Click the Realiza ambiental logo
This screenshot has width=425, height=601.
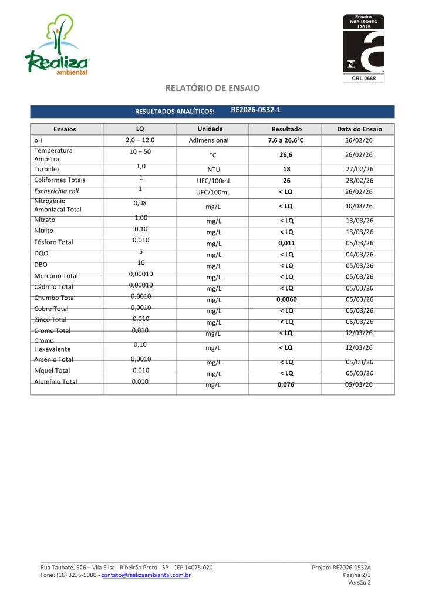coord(56,46)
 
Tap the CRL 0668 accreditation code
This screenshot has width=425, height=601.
coord(363,78)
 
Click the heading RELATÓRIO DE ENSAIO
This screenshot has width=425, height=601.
coord(212,88)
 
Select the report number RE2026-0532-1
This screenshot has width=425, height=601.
coord(255,110)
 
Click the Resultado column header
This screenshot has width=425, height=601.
coord(286,129)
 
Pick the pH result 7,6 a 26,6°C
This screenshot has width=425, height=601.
coord(286,140)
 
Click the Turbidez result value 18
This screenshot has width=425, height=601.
coord(286,169)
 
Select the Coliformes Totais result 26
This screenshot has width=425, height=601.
coord(286,180)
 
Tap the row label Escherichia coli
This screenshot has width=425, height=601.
coord(56,191)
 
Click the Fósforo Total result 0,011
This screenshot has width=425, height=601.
coord(286,242)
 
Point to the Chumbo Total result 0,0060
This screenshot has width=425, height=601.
coord(286,299)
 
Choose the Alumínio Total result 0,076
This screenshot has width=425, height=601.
coord(286,385)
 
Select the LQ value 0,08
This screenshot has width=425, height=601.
coord(140,203)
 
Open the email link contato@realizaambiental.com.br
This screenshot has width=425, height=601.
coord(146,575)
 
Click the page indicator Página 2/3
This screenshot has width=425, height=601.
coord(357,575)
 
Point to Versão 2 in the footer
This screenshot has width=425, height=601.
coord(360,583)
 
